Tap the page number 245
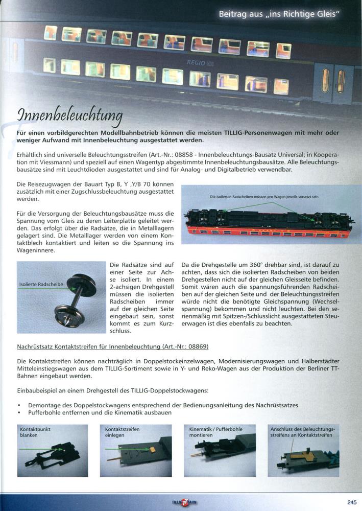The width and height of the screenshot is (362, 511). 352,501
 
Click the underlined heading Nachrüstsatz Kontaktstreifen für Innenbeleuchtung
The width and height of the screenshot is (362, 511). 112,346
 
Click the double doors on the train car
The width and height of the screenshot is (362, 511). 333,80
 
